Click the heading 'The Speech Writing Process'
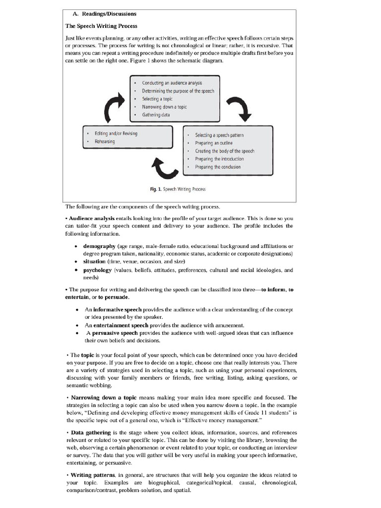102,26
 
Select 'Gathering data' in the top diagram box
156,115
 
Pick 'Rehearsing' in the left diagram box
105,141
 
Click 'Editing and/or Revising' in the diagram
116,133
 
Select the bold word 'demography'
99,246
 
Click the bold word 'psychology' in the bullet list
98,270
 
